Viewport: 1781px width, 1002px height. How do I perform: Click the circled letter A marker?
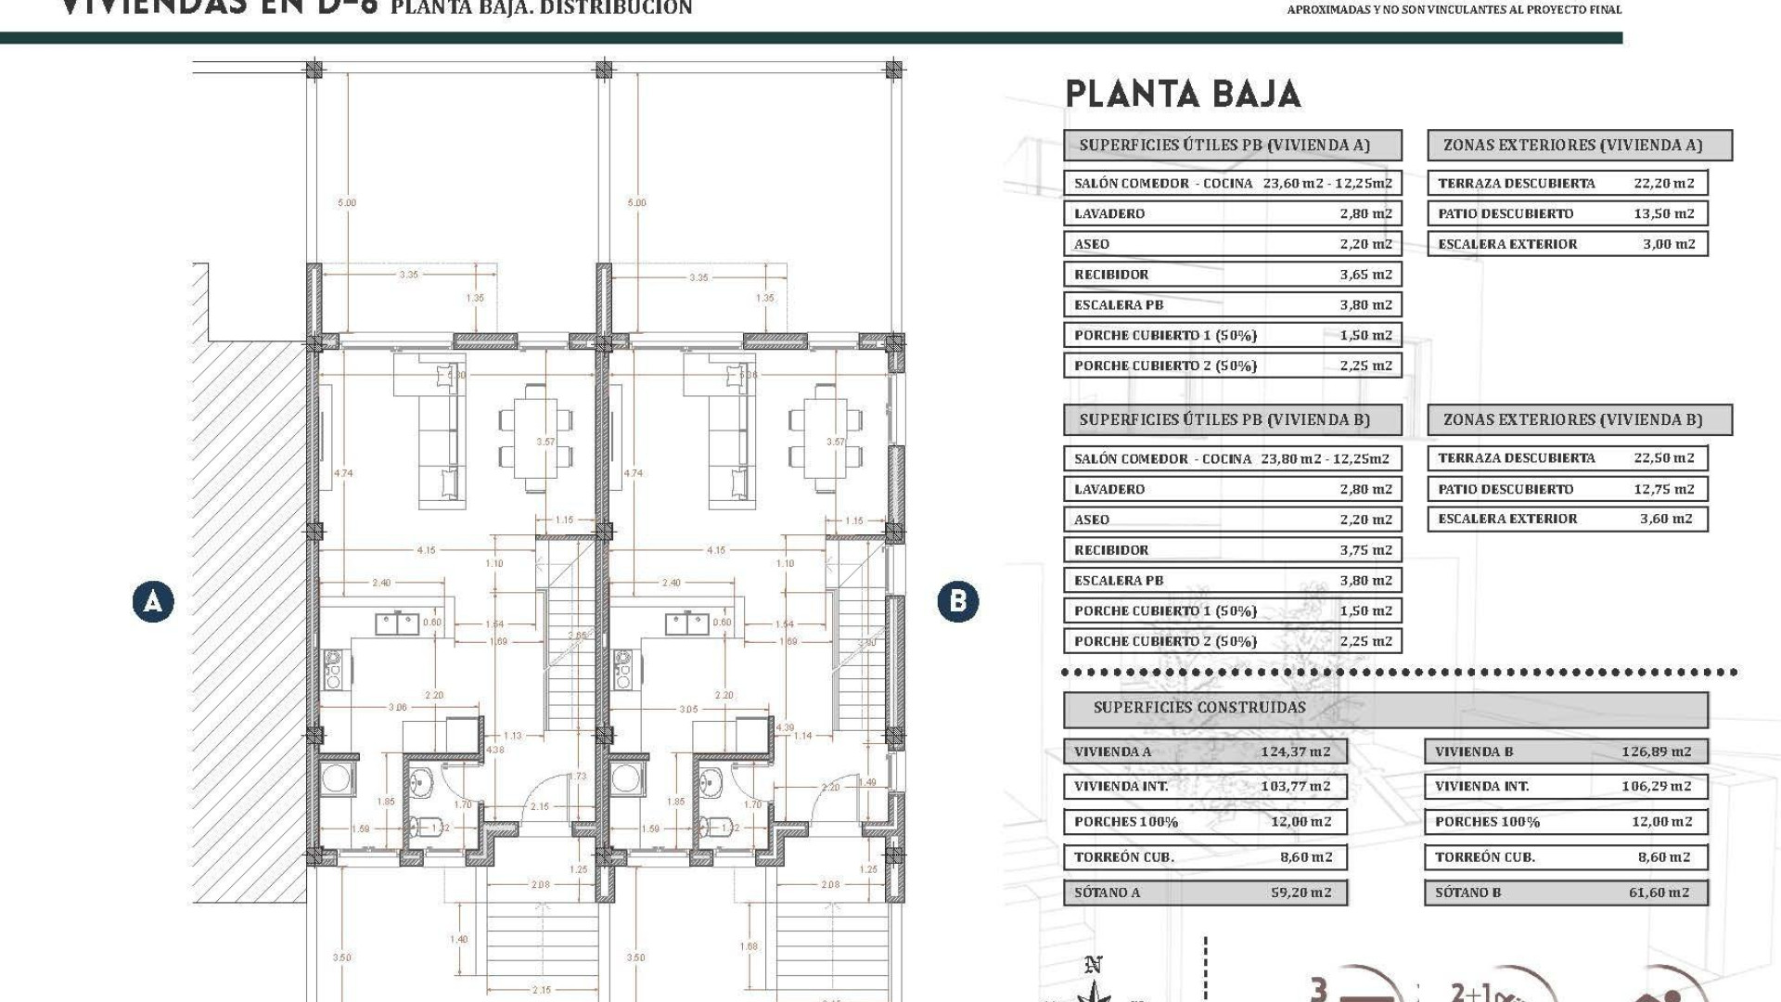[x=153, y=602]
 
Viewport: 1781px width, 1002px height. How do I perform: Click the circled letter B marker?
[x=957, y=601]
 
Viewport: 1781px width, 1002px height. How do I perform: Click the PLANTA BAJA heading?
[x=1183, y=95]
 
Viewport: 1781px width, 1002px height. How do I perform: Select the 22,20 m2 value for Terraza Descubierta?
[x=1663, y=184]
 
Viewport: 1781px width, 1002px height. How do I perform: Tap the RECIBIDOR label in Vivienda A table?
[x=1111, y=275]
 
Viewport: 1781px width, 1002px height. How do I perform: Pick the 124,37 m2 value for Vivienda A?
[x=1295, y=751]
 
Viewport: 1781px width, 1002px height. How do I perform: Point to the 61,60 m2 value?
[x=1659, y=893]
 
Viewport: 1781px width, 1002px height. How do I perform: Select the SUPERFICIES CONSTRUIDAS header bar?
[x=1384, y=708]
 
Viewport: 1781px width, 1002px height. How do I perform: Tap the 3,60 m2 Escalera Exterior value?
[x=1666, y=520]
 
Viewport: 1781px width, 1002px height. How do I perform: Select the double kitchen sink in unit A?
[x=397, y=623]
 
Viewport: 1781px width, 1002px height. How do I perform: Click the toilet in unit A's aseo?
[x=425, y=825]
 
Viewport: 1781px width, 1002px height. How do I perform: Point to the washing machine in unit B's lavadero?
[x=627, y=778]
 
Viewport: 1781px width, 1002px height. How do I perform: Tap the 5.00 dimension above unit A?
[x=346, y=202]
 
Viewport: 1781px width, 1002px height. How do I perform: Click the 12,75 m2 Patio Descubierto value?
[x=1663, y=489]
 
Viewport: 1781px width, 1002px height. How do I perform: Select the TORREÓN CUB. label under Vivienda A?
[x=1123, y=857]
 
